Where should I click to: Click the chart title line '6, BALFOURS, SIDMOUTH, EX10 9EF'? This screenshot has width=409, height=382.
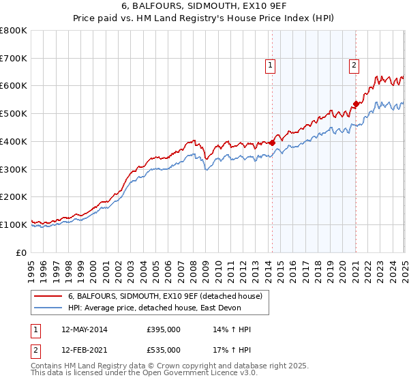tap(204, 8)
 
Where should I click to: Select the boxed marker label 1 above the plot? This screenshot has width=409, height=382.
tap(271, 65)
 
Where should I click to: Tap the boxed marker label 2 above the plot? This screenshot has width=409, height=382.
tap(354, 65)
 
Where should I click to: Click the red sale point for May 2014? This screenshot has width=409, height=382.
tap(272, 143)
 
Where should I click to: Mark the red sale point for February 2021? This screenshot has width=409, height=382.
tap(356, 104)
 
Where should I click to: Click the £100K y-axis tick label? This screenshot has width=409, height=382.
tap(14, 224)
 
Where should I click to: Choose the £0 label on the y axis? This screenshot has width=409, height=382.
tap(20, 252)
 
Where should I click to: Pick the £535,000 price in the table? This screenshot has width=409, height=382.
tap(164, 350)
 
